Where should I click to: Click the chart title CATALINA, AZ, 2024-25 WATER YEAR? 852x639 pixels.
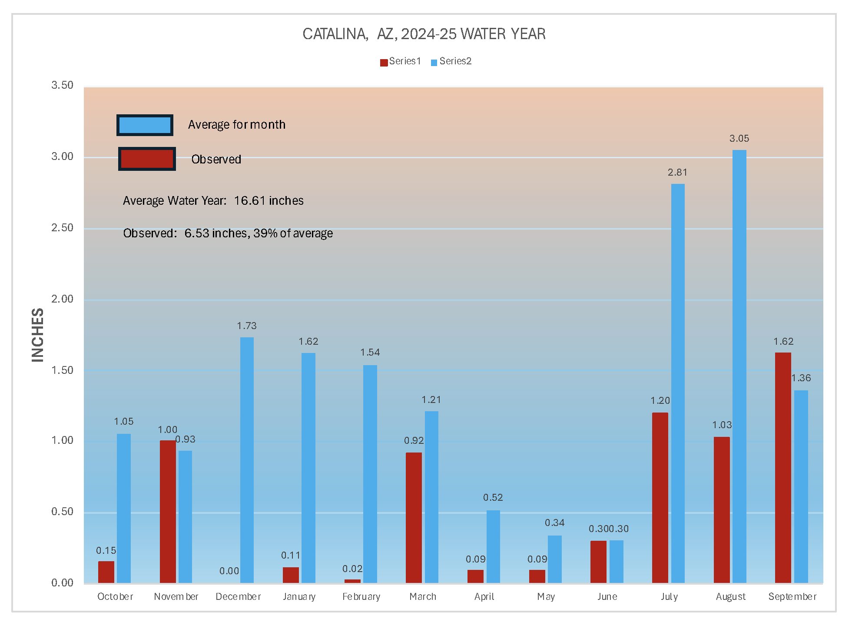coord(424,34)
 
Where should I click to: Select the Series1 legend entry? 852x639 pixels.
coord(401,61)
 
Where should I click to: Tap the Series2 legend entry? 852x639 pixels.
coord(451,61)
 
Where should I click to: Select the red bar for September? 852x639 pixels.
coord(783,467)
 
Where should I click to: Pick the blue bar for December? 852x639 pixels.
coord(247,459)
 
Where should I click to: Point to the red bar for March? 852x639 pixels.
coord(414,517)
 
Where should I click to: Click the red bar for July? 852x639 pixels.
coord(660,497)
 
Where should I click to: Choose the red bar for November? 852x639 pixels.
coord(168,511)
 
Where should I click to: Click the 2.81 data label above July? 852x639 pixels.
coord(677,173)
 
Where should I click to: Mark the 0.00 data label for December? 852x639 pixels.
coord(229,571)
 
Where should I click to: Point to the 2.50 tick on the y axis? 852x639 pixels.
coord(62,228)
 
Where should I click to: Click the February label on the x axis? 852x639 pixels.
coord(361,597)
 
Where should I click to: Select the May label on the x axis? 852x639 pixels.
coord(546,597)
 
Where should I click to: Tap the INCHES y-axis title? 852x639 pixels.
coord(38,335)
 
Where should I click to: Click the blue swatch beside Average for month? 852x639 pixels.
coord(145,125)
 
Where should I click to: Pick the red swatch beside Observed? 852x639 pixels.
coord(147,159)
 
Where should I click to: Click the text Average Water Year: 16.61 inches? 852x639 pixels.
coord(213,201)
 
